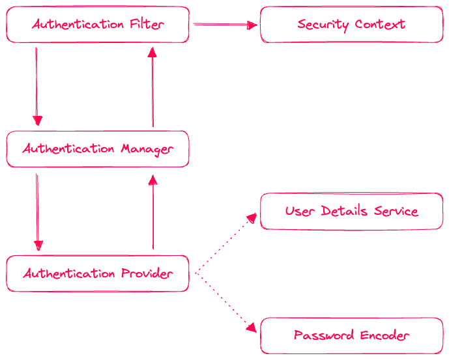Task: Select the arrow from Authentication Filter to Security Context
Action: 225,25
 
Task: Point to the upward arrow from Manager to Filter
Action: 152,86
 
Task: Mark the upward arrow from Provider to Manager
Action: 153,212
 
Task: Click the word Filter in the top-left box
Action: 147,25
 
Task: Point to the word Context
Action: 380,25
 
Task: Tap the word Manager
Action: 147,149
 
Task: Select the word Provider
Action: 147,273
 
